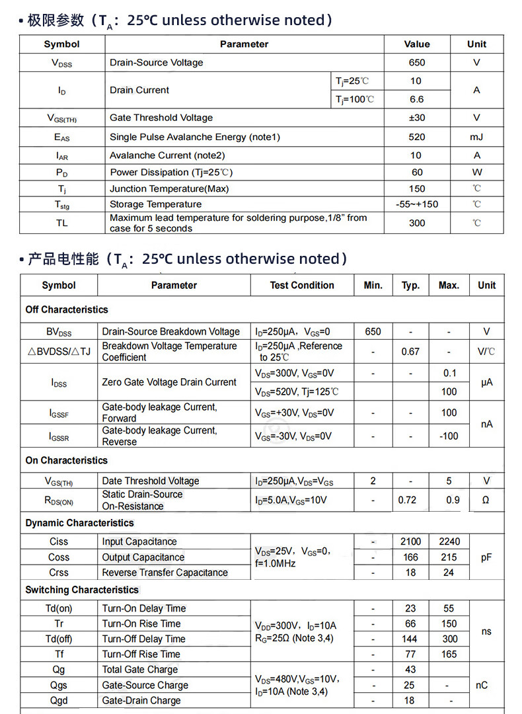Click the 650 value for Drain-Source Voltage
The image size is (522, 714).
417,63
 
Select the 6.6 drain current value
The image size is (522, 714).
417,99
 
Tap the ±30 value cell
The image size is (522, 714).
417,118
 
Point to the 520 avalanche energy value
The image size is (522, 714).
417,137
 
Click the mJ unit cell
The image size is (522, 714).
476,137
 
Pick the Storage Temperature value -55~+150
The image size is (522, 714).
417,204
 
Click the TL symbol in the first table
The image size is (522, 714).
61,223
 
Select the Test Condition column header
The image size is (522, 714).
302,286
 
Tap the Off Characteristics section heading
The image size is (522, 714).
67,309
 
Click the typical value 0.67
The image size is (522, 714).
410,352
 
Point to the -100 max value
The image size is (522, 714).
449,436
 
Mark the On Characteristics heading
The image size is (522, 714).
66,460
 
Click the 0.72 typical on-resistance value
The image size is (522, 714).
408,500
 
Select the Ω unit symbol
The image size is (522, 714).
486,500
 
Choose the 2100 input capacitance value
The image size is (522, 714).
410,541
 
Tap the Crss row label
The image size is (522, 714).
59,573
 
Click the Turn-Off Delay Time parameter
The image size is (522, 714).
143,639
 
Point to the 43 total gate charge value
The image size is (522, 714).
410,670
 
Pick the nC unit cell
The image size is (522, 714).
482,686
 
